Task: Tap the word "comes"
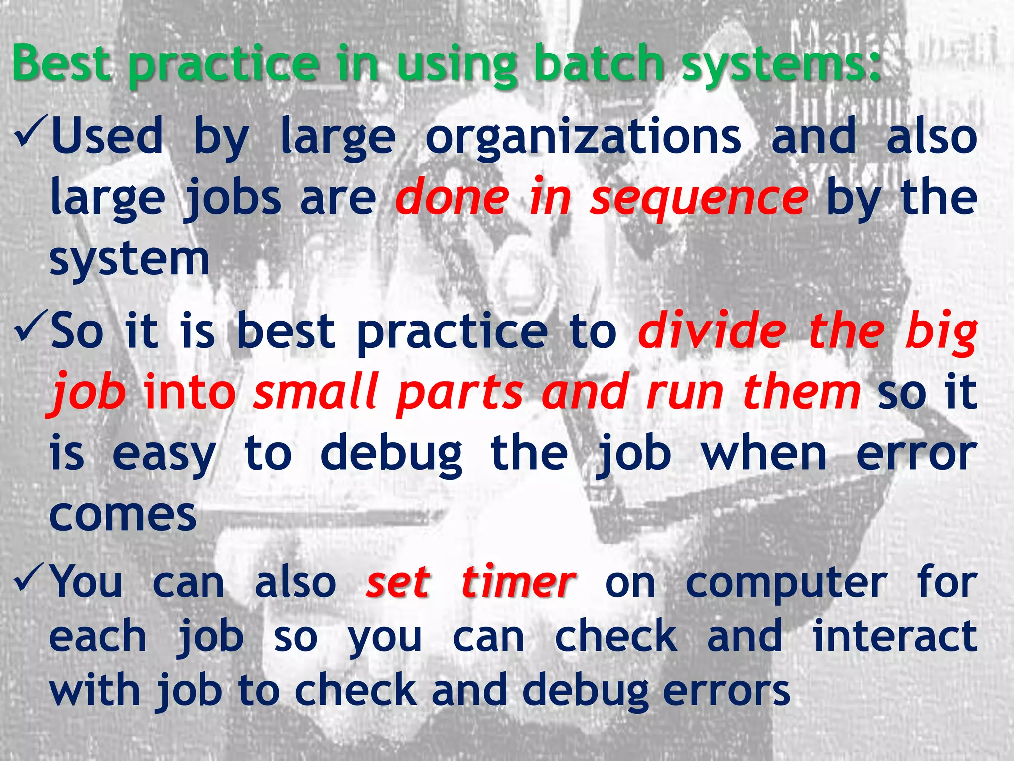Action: (x=123, y=515)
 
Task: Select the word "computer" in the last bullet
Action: (x=786, y=585)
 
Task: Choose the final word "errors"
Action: (x=726, y=691)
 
